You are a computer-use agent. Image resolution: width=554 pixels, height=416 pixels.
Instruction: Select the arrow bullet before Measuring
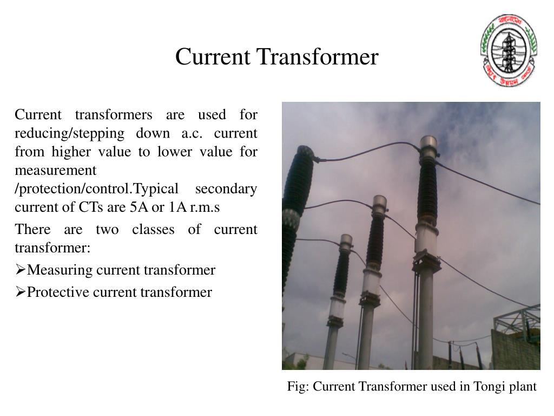20,270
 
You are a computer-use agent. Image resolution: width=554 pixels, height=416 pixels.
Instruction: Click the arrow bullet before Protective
20,292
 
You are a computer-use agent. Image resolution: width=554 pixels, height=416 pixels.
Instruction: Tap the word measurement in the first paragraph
55,170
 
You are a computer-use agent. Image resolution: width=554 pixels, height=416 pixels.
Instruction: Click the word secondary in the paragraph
226,189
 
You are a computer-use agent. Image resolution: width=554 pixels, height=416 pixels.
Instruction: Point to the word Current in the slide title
212,57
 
